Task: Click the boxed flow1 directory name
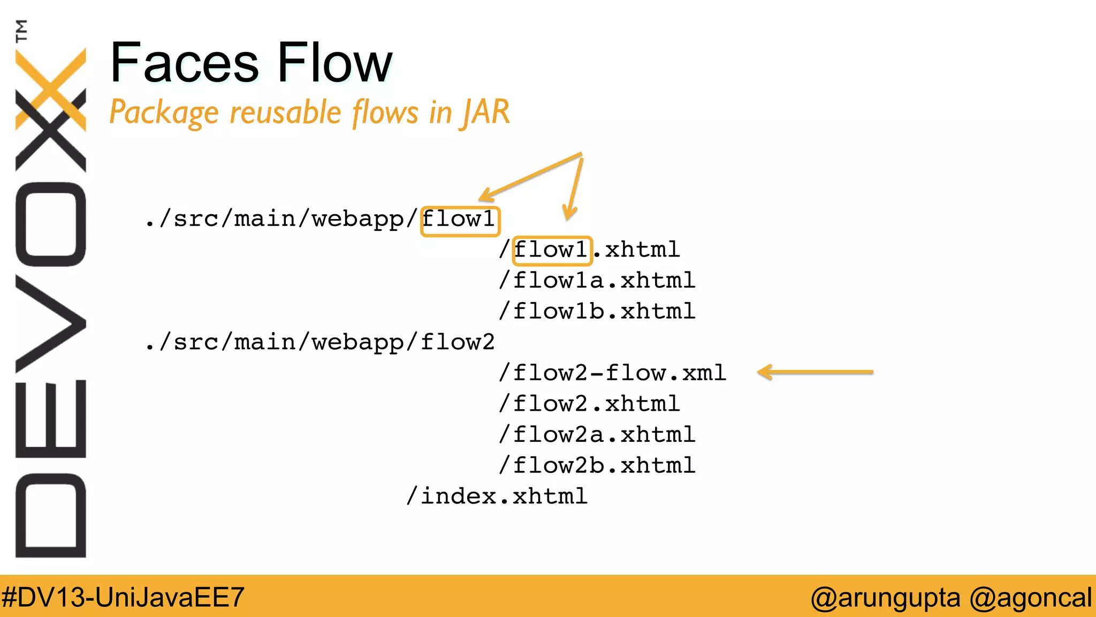460,220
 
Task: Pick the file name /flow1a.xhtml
597,281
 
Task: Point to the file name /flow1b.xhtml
597,312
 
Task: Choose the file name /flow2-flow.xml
612,373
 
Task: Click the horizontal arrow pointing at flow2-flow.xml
815,372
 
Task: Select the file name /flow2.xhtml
589,404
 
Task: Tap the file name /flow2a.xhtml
597,435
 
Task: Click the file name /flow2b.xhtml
597,465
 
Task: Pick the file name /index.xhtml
497,496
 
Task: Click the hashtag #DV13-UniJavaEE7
123,597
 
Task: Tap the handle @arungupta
885,597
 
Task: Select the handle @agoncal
1030,597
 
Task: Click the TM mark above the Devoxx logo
21,31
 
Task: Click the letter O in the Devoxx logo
51,224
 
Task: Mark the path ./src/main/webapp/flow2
320,342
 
